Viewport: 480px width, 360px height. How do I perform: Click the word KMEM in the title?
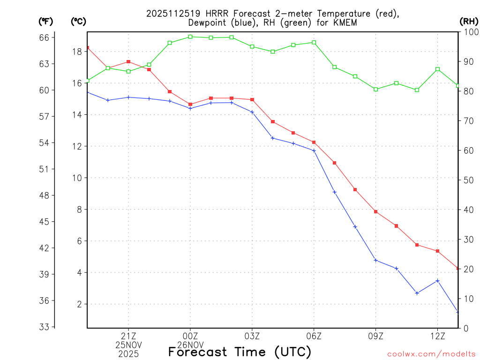[345, 22]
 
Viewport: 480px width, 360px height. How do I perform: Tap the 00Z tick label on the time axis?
[190, 336]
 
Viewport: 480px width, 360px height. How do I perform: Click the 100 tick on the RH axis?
[469, 32]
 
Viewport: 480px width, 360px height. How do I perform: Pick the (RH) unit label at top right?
[468, 21]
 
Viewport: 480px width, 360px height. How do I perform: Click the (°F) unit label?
[45, 21]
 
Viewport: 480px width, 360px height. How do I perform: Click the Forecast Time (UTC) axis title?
[240, 352]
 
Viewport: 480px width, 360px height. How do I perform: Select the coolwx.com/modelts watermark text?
[431, 354]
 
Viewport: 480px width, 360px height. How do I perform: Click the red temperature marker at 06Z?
[314, 142]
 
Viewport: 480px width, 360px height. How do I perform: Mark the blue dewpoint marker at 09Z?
[376, 260]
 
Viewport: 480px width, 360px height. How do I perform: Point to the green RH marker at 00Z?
[190, 37]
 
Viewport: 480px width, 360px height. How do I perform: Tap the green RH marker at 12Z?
[438, 69]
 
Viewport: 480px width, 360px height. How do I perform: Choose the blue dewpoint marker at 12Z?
[438, 281]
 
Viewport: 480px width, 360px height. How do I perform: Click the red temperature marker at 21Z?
[128, 62]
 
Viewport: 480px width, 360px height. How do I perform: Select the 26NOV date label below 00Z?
[190, 345]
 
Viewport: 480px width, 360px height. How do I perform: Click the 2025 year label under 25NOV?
[128, 353]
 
